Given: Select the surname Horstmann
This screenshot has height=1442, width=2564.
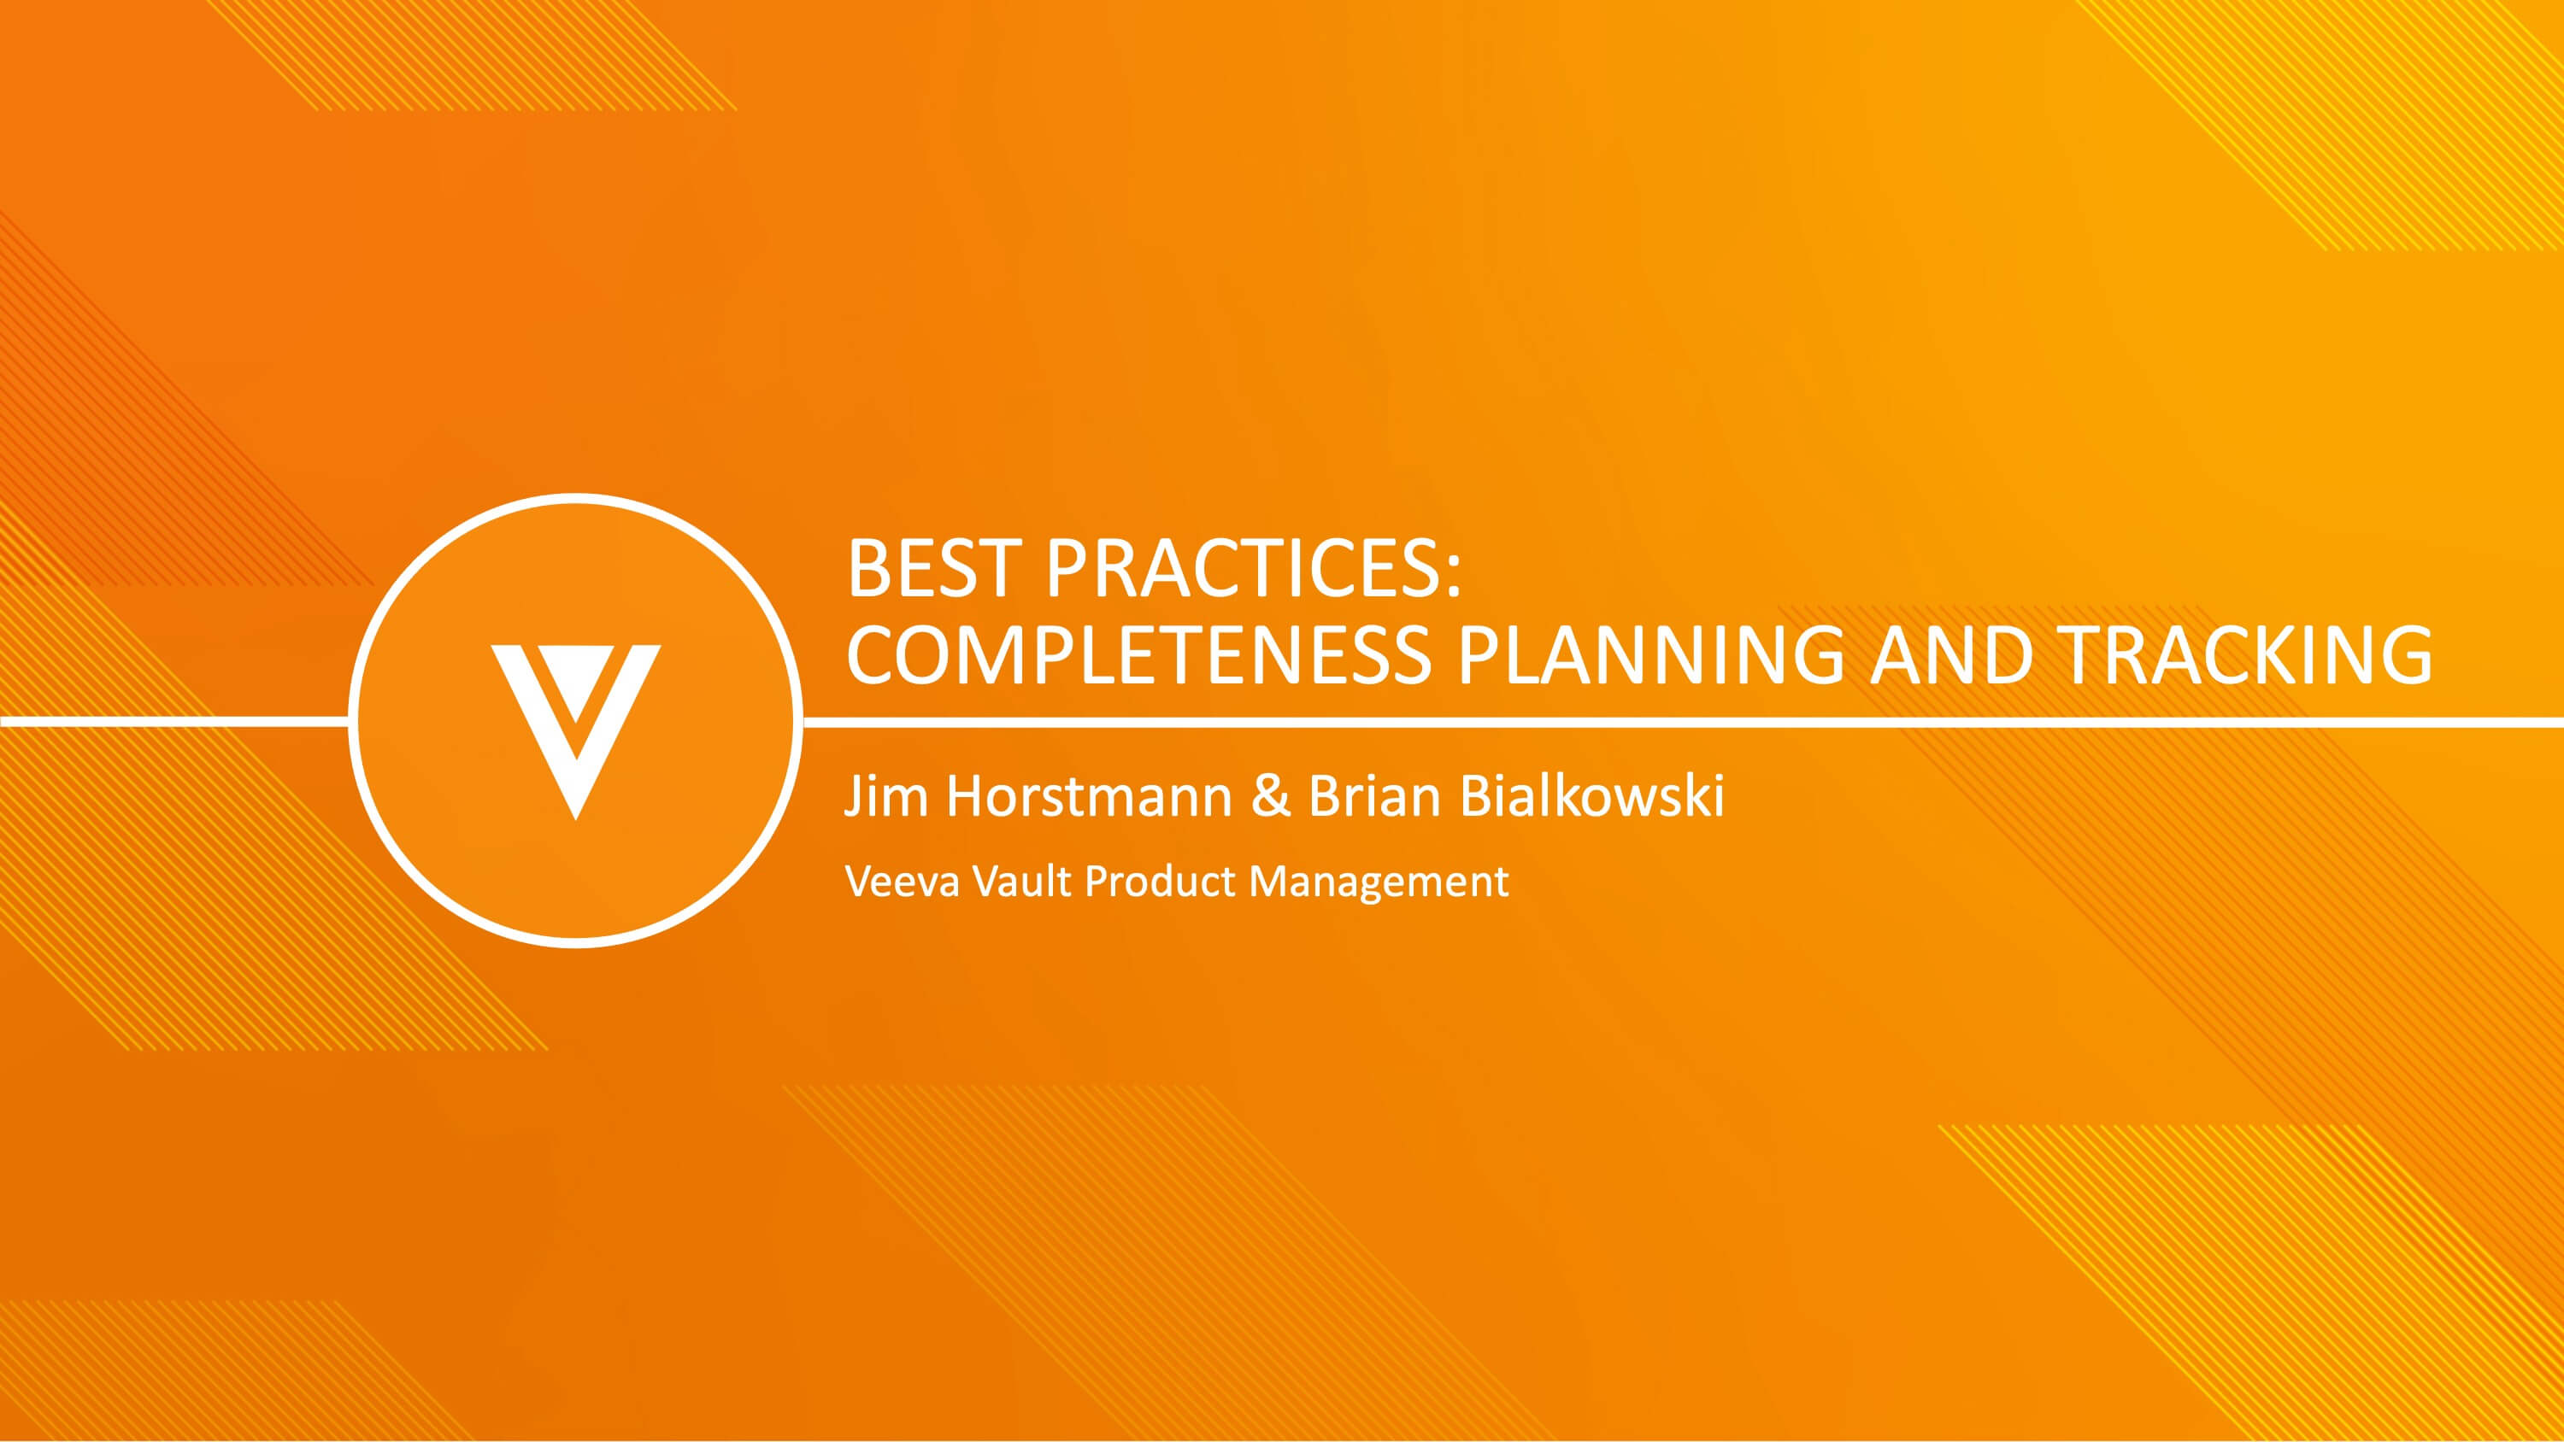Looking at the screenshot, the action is pyautogui.click(x=1089, y=796).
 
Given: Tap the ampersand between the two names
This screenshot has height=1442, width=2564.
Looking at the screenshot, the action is pyautogui.click(x=1270, y=796).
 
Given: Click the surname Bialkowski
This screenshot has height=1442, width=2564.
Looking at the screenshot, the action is pyautogui.click(x=1591, y=796).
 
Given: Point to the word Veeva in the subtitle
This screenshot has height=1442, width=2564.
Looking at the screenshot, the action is pyautogui.click(x=902, y=881).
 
